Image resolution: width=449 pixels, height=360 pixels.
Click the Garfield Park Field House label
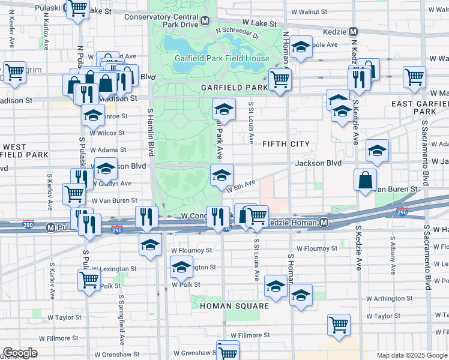tap(221, 59)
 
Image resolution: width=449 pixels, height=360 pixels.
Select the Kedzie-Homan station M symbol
tap(324, 223)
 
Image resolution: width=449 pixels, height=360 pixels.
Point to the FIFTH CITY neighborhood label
tap(286, 144)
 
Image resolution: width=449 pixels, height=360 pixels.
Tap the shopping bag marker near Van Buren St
tap(365, 179)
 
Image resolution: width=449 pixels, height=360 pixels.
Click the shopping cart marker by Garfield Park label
tap(280, 78)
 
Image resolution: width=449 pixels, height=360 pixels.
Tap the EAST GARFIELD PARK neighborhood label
tap(419, 107)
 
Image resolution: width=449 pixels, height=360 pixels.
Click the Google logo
tap(19, 353)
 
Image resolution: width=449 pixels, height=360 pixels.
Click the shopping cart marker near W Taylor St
tap(339, 323)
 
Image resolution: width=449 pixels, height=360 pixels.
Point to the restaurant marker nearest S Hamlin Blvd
tap(146, 217)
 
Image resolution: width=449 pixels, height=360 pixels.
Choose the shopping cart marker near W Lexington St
tap(89, 279)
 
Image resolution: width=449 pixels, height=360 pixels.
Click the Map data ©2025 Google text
tap(412, 355)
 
